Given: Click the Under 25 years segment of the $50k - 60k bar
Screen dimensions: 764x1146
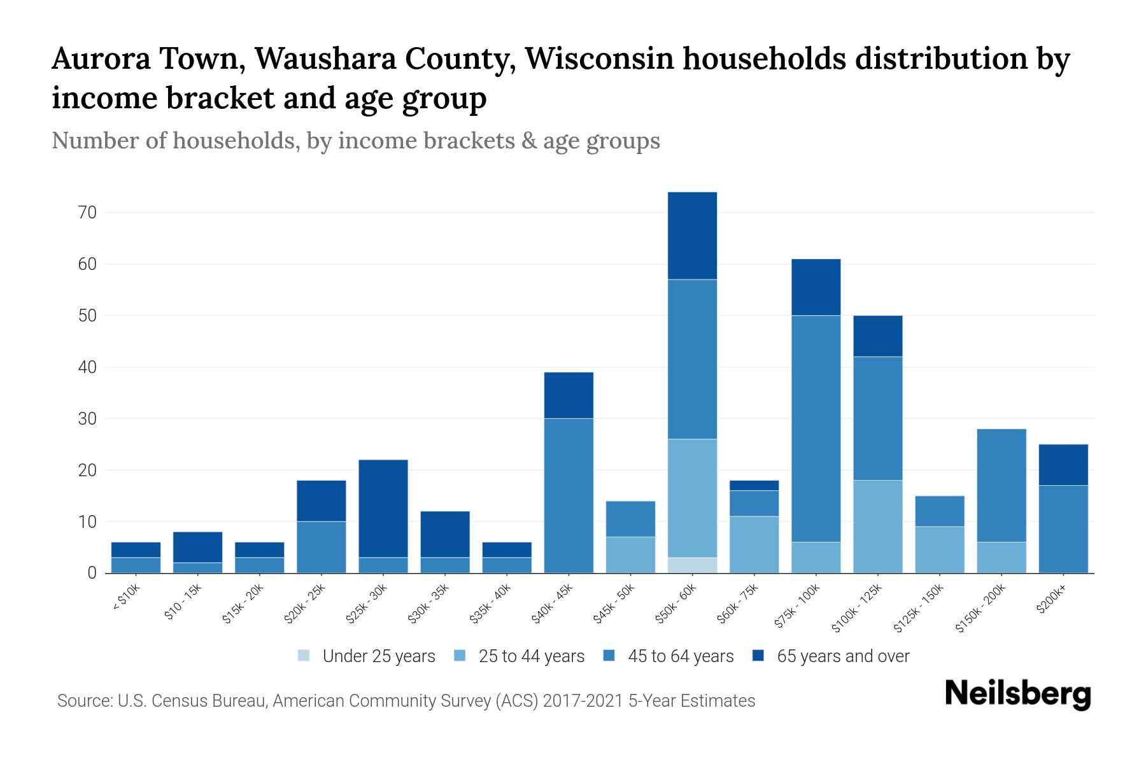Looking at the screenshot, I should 692,565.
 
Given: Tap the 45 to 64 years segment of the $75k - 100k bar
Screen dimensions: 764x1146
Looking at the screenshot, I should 816,428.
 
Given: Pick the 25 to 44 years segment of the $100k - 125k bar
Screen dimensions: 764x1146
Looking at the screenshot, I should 877,527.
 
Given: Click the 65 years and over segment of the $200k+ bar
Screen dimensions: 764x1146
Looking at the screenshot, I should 1063,465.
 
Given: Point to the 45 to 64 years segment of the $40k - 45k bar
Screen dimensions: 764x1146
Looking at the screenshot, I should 569,495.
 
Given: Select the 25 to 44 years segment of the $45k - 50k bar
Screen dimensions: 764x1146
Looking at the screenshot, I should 630,555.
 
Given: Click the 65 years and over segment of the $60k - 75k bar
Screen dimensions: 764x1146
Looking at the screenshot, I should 754,485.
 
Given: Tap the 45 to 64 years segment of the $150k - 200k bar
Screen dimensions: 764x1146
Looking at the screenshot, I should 1001,485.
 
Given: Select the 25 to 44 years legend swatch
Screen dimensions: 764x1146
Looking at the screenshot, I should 460,656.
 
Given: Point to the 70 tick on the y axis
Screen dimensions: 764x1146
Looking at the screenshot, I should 87,213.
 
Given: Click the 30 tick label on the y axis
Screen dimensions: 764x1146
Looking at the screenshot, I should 87,419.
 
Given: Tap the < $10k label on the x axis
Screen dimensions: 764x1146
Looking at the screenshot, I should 126,600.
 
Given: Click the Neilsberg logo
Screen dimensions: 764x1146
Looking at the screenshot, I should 1017,694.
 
